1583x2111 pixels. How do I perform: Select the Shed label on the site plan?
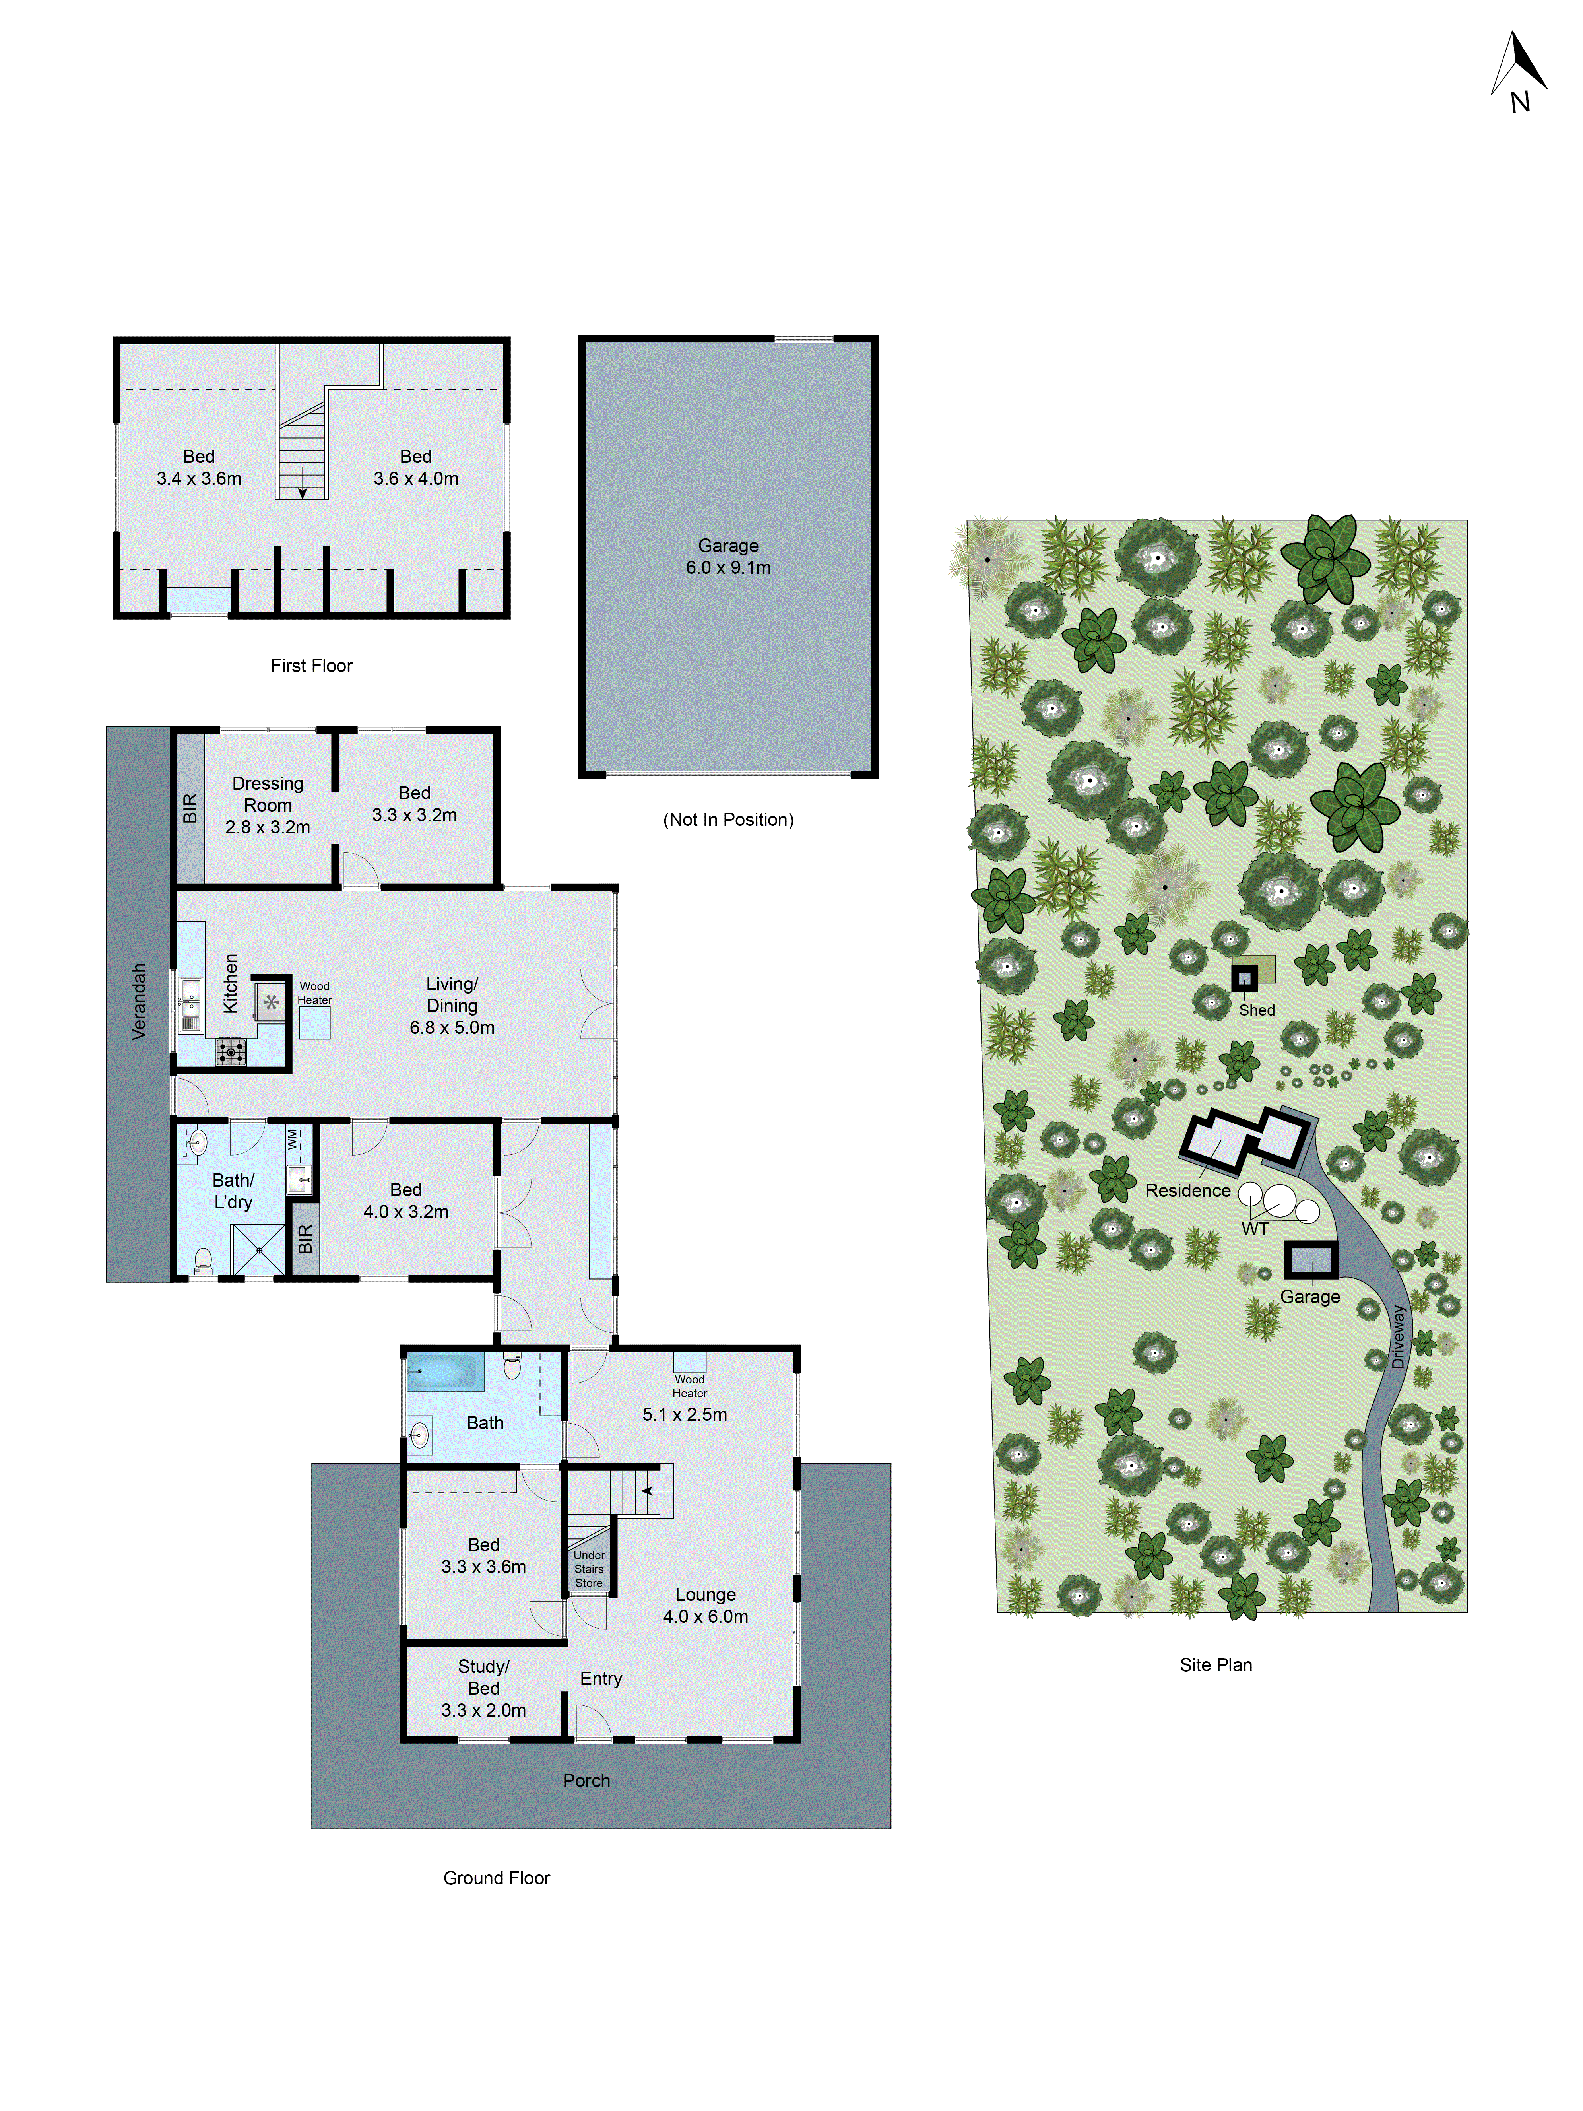tap(1257, 1010)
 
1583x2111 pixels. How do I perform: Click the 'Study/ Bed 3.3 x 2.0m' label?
tap(484, 1688)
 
